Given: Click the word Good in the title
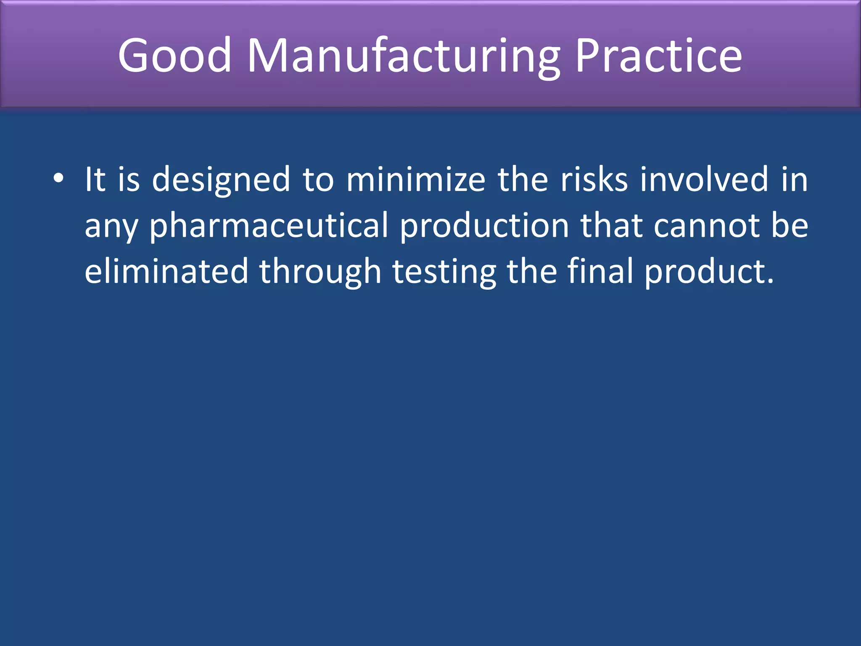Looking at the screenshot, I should coord(174,55).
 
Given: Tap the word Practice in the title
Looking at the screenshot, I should coord(658,55).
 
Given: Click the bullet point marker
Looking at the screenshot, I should coord(58,178).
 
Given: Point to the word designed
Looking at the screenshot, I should coord(221,180).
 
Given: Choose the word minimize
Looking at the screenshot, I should coord(416,179).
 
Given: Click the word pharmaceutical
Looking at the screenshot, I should coord(269,226).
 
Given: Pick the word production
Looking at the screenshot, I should coord(484,226).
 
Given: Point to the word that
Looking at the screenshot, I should coord(612,225).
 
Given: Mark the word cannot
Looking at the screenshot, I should coord(706,226).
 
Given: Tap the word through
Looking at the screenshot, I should coord(320,273).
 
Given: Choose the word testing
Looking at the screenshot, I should coord(444,273).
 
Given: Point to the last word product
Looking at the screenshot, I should coord(708,273).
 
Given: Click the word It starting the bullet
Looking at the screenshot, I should coord(95,179).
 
